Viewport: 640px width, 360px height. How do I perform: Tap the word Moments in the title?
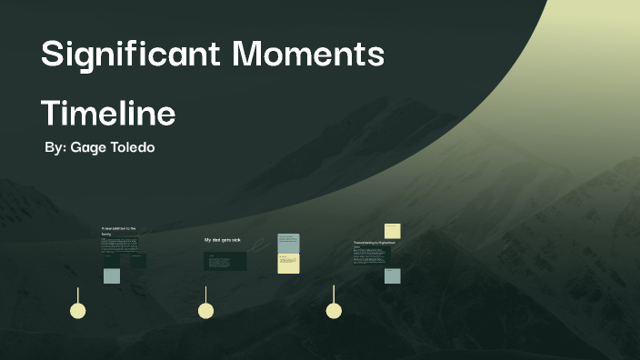point(309,55)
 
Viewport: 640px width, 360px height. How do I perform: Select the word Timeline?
point(108,114)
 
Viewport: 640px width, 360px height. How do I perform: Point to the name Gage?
point(89,146)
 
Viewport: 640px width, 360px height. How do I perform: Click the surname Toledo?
point(134,146)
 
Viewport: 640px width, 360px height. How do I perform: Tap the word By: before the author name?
point(55,146)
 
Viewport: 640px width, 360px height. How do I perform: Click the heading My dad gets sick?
point(223,240)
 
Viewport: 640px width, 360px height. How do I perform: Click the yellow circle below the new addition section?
point(78,311)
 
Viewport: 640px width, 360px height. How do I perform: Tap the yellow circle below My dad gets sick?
point(206,311)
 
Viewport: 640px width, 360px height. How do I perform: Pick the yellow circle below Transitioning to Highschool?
point(334,311)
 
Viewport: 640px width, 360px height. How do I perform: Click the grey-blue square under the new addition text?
point(112,275)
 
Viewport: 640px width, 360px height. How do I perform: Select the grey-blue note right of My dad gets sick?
point(289,243)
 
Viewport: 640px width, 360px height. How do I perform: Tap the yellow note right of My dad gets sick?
point(289,264)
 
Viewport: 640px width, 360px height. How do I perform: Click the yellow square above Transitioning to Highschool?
point(392,231)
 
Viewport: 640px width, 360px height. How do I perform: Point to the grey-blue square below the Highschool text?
point(392,275)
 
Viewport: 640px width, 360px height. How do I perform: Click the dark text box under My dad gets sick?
point(225,261)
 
